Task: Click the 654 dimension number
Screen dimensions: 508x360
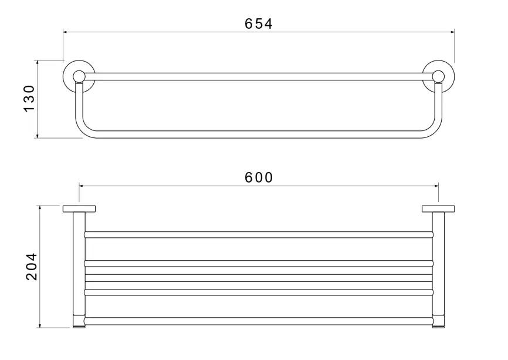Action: [x=259, y=23]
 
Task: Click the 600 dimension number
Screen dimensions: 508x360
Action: [x=259, y=177]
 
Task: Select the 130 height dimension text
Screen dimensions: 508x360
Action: [x=29, y=98]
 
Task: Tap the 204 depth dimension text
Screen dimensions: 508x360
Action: [x=32, y=267]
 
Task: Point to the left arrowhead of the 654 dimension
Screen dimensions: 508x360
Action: [x=65, y=32]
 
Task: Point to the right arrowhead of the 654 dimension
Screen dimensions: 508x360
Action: [x=452, y=32]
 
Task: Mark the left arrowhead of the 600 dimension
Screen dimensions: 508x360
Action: [x=81, y=186]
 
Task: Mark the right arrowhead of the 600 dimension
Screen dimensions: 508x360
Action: [x=436, y=186]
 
